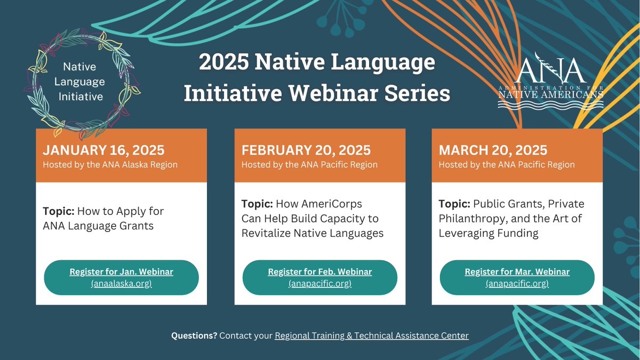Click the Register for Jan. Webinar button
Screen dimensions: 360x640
pyautogui.click(x=121, y=277)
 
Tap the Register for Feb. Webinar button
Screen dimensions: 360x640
pyautogui.click(x=320, y=277)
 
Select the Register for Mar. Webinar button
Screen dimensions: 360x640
pyautogui.click(x=517, y=277)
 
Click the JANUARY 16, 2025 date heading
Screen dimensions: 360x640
pyautogui.click(x=103, y=150)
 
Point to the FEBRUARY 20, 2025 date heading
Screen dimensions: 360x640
pyautogui.click(x=306, y=150)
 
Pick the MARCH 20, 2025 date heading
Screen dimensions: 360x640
pyautogui.click(x=493, y=150)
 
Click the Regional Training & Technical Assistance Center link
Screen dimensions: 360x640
pyautogui.click(x=372, y=336)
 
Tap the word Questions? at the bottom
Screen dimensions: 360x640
pyautogui.click(x=194, y=336)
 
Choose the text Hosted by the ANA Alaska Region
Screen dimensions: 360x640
pyautogui.click(x=110, y=165)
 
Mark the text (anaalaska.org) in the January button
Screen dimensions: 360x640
pyautogui.click(x=121, y=283)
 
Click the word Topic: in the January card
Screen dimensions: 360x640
pyautogui.click(x=59, y=211)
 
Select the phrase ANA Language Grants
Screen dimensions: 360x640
pyautogui.click(x=98, y=226)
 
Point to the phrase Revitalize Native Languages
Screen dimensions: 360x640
pyautogui.click(x=313, y=233)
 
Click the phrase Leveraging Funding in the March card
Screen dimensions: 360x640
pyautogui.click(x=489, y=233)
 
